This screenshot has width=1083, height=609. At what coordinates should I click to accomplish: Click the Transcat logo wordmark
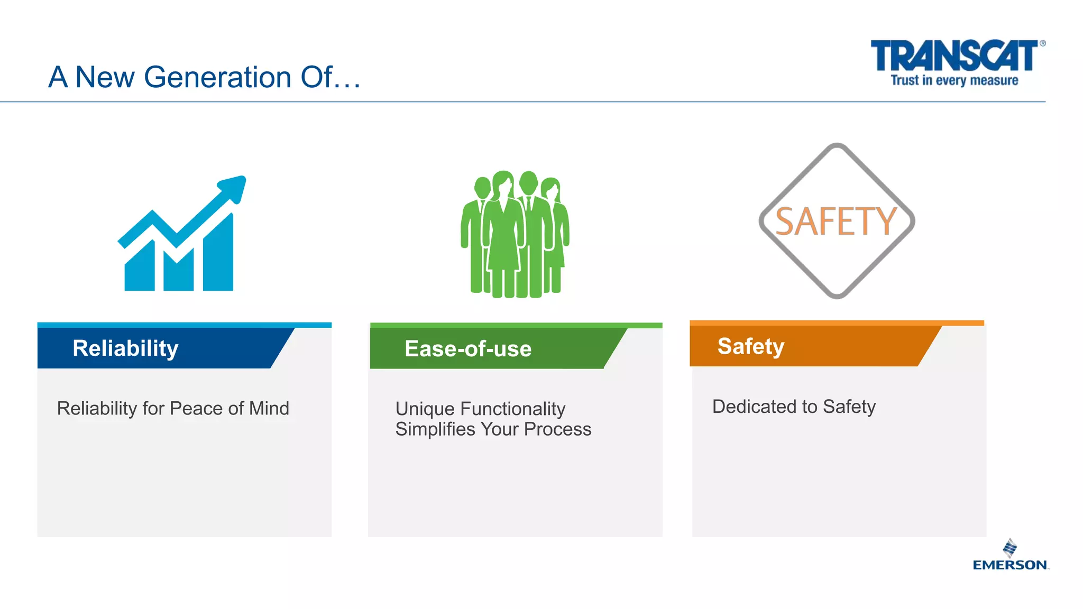click(x=954, y=56)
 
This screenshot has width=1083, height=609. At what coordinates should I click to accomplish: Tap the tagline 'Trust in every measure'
click(x=954, y=80)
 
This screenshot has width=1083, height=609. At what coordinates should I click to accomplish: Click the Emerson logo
click(x=1011, y=556)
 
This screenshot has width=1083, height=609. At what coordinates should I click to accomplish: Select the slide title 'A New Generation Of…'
click(x=205, y=77)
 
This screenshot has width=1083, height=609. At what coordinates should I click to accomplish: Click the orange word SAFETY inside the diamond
click(x=836, y=222)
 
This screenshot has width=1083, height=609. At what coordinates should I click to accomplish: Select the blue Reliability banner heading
click(x=126, y=348)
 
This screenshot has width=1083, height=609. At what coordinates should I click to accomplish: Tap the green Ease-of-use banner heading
click(x=468, y=349)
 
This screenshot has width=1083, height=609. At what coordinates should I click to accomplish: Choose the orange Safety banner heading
click(x=751, y=346)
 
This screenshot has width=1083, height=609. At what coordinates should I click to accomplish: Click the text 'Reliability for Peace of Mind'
click(x=173, y=409)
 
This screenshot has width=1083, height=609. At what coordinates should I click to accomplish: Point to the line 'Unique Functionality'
click(x=480, y=409)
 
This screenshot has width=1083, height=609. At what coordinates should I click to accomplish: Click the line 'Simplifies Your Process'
click(x=493, y=429)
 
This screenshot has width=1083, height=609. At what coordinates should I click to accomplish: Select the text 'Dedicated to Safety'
click(x=794, y=407)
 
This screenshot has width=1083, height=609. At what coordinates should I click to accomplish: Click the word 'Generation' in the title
click(x=218, y=77)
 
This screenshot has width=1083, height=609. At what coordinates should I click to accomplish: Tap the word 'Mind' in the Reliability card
click(x=269, y=409)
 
